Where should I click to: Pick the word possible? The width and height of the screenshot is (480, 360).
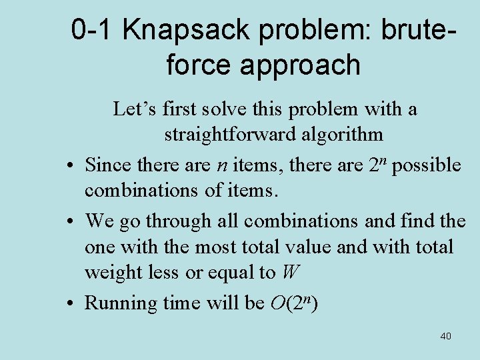(x=427, y=165)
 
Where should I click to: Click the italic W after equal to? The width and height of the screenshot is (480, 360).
(x=290, y=273)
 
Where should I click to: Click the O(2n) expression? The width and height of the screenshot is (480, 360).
(x=294, y=303)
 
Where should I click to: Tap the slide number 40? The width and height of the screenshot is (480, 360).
(x=445, y=336)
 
